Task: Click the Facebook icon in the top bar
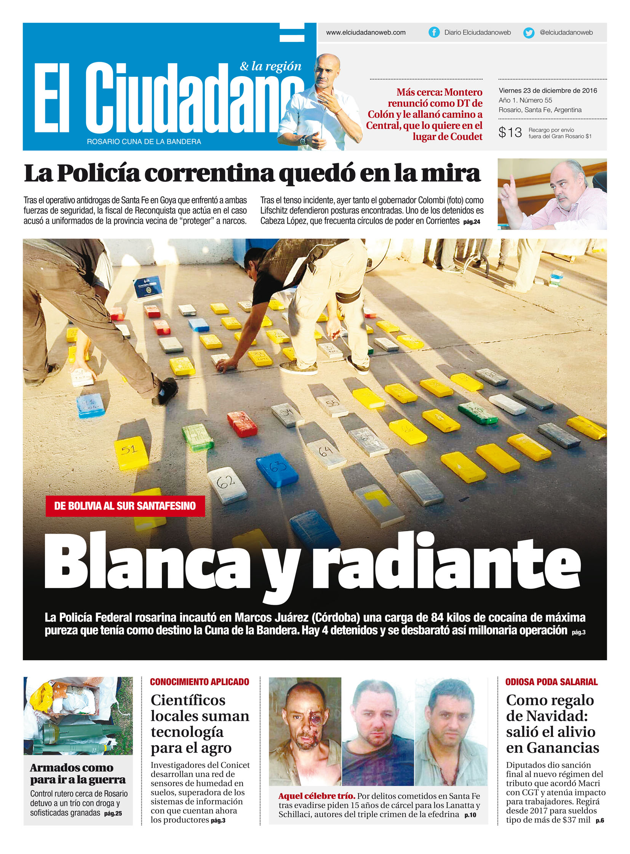pyautogui.click(x=433, y=32)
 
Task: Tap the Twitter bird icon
pyautogui.click(x=529, y=33)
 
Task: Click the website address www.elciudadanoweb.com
pyautogui.click(x=365, y=33)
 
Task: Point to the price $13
pyautogui.click(x=510, y=132)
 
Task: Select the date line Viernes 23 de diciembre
pyautogui.click(x=548, y=91)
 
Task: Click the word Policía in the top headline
pyautogui.click(x=99, y=174)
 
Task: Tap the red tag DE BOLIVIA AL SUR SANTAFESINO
pyautogui.click(x=125, y=506)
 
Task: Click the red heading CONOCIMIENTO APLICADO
pyautogui.click(x=199, y=682)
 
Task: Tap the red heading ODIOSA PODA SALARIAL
pyautogui.click(x=551, y=682)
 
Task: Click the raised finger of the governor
pyautogui.click(x=512, y=182)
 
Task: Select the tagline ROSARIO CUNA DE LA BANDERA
pyautogui.click(x=144, y=142)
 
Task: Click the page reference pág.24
pyautogui.click(x=471, y=222)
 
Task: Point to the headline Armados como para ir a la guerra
pyautogui.click(x=77, y=774)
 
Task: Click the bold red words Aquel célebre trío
pyautogui.click(x=317, y=796)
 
